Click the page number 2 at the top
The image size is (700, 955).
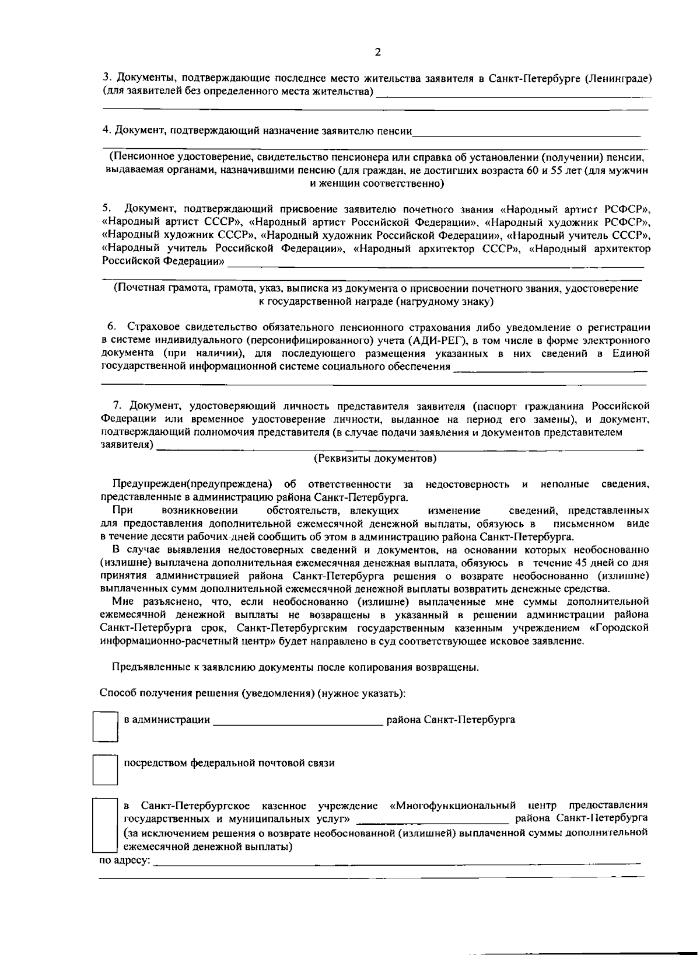(377, 53)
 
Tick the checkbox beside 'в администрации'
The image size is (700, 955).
(106, 726)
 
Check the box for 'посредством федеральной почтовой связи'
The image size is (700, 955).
(106, 769)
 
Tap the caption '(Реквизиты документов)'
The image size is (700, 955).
(375, 458)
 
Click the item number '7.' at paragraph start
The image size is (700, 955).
(117, 406)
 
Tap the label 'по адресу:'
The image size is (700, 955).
(124, 861)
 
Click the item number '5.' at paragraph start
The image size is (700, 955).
(106, 208)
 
